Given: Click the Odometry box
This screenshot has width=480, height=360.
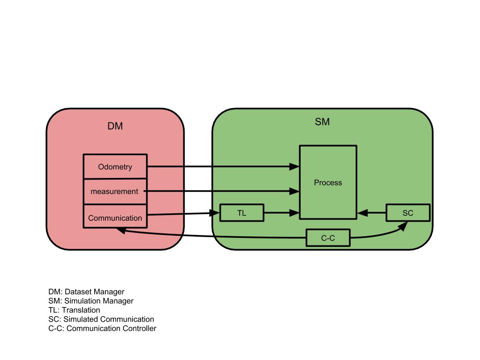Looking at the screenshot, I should pyautogui.click(x=115, y=167).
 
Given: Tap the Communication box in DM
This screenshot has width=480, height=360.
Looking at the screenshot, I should pyautogui.click(x=115, y=217).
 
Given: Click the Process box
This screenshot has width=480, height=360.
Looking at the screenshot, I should pyautogui.click(x=328, y=182).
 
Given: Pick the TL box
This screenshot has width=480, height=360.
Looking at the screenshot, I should pyautogui.click(x=242, y=213).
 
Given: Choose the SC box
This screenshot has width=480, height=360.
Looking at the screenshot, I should pyautogui.click(x=408, y=213).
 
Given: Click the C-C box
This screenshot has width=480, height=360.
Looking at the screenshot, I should pyautogui.click(x=328, y=238).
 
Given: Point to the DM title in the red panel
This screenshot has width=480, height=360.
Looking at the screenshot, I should pyautogui.click(x=115, y=126).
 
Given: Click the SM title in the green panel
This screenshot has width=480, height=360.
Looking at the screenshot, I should pyautogui.click(x=322, y=122).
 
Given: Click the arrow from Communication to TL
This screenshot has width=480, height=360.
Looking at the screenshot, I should pyautogui.click(x=183, y=214).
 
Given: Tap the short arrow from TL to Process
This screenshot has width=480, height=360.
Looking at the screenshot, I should pyautogui.click(x=281, y=213).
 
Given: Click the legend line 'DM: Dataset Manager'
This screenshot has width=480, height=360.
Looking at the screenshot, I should pyautogui.click(x=86, y=292).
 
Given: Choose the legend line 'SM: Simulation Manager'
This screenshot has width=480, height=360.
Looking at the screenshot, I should pyautogui.click(x=91, y=301).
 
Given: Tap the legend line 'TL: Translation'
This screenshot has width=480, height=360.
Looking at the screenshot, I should pyautogui.click(x=74, y=310).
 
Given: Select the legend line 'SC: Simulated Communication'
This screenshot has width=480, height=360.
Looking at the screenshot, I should pyautogui.click(x=101, y=319).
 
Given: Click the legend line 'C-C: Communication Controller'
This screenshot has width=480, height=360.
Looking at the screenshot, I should pyautogui.click(x=102, y=328).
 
